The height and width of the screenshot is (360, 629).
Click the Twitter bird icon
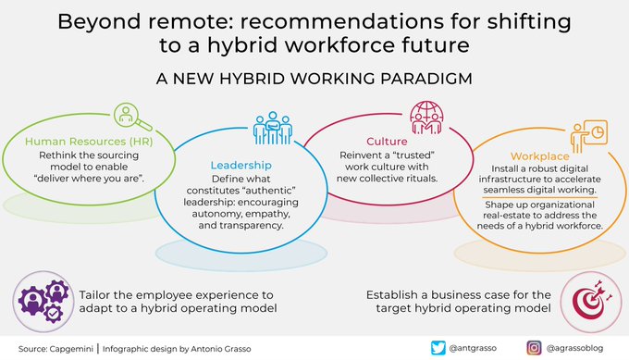tap(438, 348)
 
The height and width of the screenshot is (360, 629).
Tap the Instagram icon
tap(534, 348)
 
